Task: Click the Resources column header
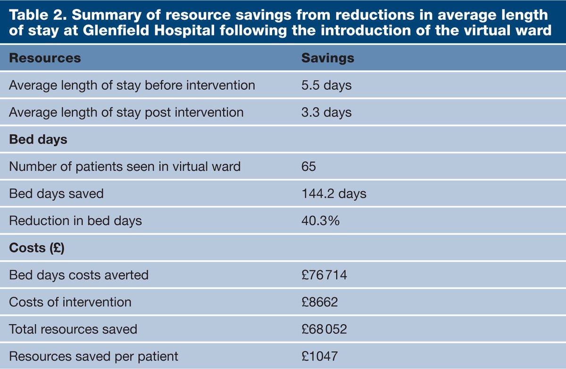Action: pyautogui.click(x=45, y=58)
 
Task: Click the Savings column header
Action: pyautogui.click(x=327, y=58)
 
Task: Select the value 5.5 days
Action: pyautogui.click(x=326, y=85)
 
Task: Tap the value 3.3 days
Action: pyautogui.click(x=326, y=113)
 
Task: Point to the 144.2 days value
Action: pyautogui.click(x=333, y=194)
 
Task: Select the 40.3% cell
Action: pyautogui.click(x=320, y=221)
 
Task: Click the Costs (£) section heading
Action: pyautogui.click(x=37, y=248)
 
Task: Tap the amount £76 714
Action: pyautogui.click(x=324, y=275)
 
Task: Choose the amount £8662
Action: pyautogui.click(x=319, y=302)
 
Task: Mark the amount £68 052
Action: pyautogui.click(x=324, y=329)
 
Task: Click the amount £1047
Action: pyautogui.click(x=319, y=356)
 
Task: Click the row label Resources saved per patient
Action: pyautogui.click(x=94, y=356)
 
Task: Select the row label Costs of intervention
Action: pyautogui.click(x=70, y=302)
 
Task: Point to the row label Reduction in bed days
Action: pyautogui.click(x=75, y=221)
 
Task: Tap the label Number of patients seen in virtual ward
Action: pyautogui.click(x=125, y=166)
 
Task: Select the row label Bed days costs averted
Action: pyautogui.click(x=79, y=275)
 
